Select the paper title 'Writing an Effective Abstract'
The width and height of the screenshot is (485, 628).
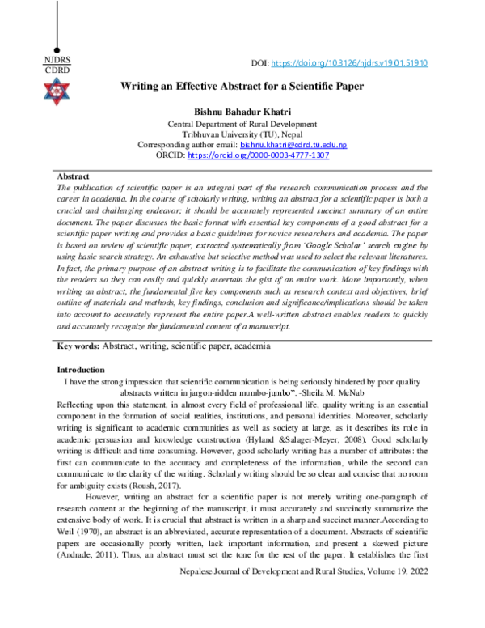pos(242,85)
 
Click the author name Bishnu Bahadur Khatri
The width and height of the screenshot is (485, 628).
pos(242,110)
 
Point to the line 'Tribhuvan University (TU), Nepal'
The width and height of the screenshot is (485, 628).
pos(242,133)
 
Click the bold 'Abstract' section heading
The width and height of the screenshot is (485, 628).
pos(74,176)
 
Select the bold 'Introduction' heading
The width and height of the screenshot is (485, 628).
pos(78,369)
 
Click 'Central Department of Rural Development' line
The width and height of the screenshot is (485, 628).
pos(242,122)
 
